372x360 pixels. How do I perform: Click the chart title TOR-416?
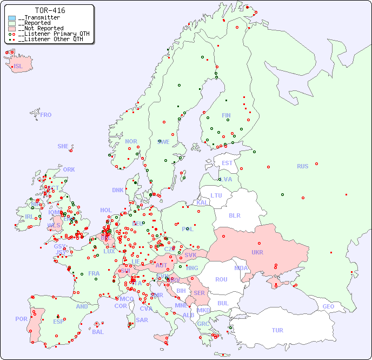[x=50, y=10]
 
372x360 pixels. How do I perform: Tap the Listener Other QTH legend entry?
[x=49, y=39]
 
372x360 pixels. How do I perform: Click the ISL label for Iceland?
[x=18, y=67]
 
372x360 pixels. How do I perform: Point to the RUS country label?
[x=302, y=166]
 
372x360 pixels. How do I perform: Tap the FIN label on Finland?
[x=226, y=115]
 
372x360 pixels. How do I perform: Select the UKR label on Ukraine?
[x=257, y=252]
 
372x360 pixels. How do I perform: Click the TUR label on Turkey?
[x=277, y=330]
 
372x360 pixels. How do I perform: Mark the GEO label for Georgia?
[x=328, y=306]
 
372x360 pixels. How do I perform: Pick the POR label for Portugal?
[x=21, y=319]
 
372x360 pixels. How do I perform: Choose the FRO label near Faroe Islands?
[x=46, y=115]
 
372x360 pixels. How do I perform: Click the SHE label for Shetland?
[x=63, y=146]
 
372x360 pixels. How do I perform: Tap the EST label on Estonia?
[x=227, y=163]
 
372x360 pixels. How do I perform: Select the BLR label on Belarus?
[x=234, y=215]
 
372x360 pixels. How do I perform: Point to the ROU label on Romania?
[x=221, y=279]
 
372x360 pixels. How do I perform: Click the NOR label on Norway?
[x=131, y=141]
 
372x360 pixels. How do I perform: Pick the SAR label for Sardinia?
[x=142, y=320]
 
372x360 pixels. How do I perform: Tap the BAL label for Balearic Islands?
[x=97, y=332]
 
